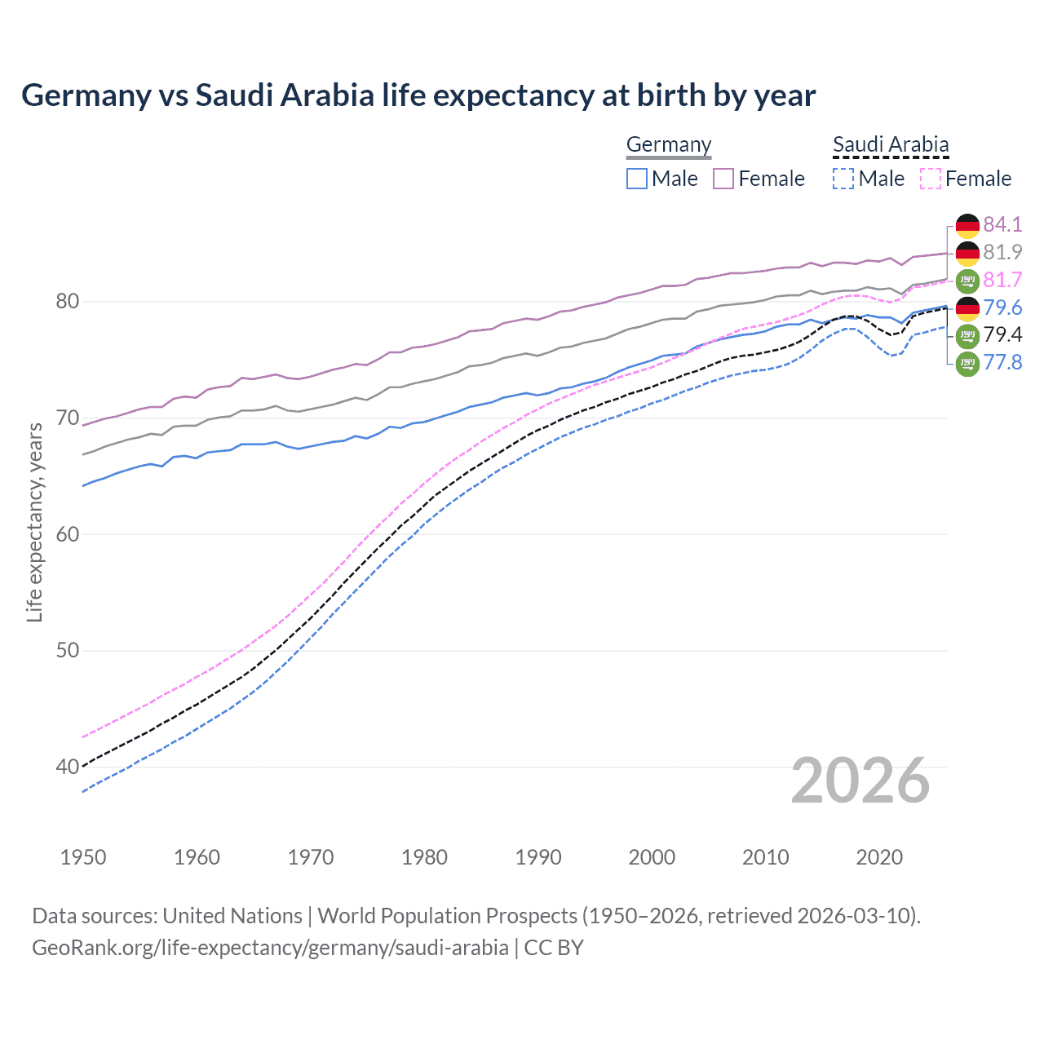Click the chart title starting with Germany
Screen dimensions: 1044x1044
418,95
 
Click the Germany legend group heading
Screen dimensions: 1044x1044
669,145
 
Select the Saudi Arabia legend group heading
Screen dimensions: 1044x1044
891,145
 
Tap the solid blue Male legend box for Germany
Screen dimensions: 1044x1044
637,179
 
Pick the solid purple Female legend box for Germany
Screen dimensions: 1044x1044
723,179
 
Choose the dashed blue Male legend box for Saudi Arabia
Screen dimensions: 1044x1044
843,179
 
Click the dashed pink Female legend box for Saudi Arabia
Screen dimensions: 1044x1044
931,179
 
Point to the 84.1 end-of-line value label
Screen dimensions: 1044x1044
1002,224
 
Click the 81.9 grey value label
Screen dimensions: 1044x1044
1002,252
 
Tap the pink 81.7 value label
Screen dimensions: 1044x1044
1002,280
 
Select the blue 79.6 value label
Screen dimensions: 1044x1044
1002,307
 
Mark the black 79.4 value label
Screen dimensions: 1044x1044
1002,334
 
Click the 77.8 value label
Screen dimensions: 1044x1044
1002,362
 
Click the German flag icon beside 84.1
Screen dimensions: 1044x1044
967,225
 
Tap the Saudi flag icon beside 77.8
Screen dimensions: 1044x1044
967,363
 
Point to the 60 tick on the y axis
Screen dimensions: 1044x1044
67,534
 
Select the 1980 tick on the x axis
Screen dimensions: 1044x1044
424,857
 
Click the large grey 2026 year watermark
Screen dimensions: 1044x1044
860,781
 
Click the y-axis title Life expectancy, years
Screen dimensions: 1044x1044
34,522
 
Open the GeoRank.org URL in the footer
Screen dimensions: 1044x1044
270,948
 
